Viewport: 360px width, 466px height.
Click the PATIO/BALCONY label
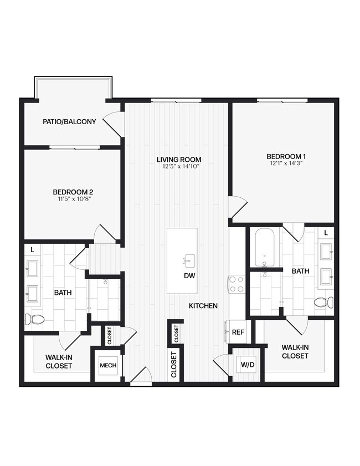69,121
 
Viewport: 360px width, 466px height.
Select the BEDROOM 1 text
286,156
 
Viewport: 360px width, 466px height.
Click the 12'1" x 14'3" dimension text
286,164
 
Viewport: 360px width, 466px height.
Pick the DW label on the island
189,275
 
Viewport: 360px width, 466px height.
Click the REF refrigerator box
238,332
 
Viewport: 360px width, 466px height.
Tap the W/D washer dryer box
246,365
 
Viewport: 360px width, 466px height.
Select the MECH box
107,366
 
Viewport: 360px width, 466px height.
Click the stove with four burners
236,284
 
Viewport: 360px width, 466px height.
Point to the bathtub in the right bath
264,248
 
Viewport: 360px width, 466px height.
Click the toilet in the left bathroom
34,319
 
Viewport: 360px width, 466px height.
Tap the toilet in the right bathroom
323,303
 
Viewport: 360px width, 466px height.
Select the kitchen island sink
189,259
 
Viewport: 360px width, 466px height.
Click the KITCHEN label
203,306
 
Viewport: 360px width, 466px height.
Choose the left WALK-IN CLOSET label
59,362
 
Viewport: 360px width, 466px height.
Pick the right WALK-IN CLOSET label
295,351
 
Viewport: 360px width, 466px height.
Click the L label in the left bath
32,250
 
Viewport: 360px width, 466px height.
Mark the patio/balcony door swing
115,123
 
